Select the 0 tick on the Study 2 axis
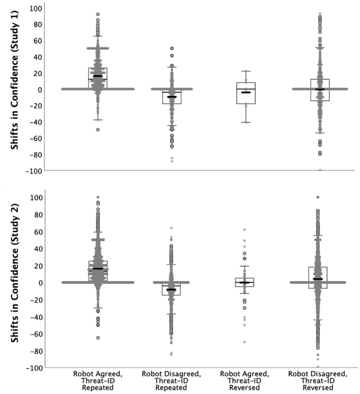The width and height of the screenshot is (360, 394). coord(39,283)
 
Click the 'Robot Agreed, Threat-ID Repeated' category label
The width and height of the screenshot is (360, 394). coord(98,380)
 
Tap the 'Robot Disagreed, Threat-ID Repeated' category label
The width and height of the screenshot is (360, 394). coord(171,380)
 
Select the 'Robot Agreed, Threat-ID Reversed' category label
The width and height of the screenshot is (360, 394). coord(245,380)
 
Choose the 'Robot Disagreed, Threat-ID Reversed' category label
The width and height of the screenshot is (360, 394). coord(318,380)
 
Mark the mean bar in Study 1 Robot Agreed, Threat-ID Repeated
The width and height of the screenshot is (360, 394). coord(98,76)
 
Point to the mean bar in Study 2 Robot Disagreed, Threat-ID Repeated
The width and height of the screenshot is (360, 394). coord(171,289)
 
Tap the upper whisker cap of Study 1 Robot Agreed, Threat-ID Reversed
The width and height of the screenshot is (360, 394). coord(245,71)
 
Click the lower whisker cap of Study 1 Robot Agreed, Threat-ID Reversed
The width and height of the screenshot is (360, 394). coord(245,122)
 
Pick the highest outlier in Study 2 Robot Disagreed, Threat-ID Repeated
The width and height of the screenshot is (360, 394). coord(171,228)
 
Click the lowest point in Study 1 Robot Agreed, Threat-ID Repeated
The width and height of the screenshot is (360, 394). coord(98,129)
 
